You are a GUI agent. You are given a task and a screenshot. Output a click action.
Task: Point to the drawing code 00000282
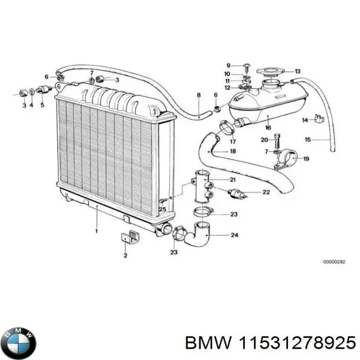point(334,262)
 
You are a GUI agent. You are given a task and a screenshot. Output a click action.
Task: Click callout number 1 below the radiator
point(97,230)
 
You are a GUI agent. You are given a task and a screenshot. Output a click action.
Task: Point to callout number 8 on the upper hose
point(199,95)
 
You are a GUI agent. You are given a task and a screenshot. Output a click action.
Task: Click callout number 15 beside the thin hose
point(324,140)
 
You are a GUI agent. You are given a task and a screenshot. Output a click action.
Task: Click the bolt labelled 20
point(275,142)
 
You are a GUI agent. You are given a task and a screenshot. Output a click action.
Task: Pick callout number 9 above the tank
point(228,65)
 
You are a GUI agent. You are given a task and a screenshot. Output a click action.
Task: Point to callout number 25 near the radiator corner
point(162,208)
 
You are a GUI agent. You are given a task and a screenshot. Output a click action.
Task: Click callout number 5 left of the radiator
point(42,105)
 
